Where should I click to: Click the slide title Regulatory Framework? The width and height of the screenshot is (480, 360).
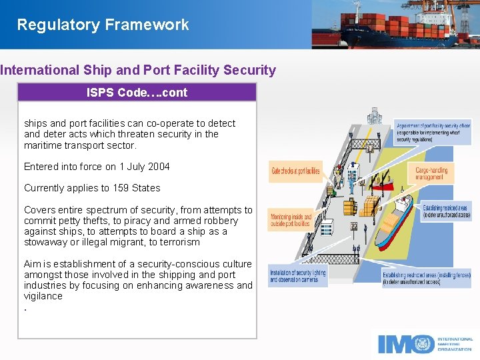[103, 25]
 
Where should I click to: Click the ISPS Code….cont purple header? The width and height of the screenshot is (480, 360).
[137, 93]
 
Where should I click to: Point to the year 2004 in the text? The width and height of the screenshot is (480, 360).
[158, 167]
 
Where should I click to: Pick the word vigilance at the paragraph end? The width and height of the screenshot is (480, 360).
[43, 296]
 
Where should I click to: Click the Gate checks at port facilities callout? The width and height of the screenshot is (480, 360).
[295, 171]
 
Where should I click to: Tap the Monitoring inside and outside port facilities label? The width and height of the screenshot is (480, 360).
[291, 220]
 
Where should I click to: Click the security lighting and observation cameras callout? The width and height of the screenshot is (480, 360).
[298, 276]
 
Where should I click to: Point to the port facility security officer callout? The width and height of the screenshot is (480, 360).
[433, 132]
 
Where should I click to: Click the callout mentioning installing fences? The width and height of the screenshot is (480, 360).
[427, 277]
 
